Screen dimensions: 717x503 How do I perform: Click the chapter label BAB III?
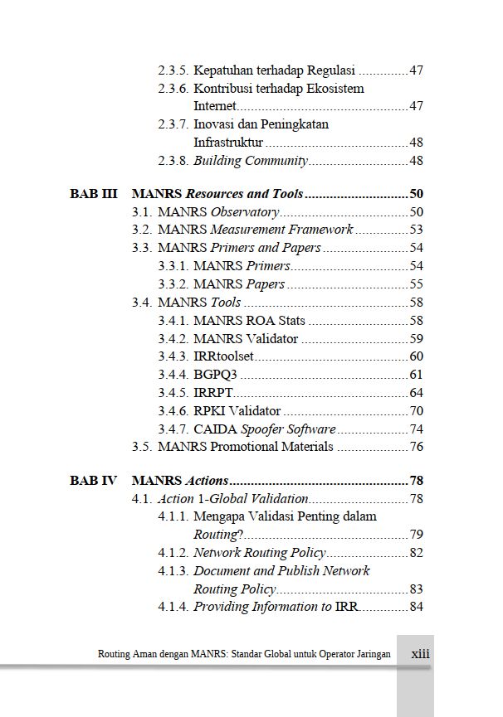coord(93,194)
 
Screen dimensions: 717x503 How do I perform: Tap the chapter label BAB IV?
coord(93,480)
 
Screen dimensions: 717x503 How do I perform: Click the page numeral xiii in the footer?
coord(421,653)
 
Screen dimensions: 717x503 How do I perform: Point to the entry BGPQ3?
coord(214,374)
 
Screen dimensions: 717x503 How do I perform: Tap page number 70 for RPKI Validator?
coord(416,410)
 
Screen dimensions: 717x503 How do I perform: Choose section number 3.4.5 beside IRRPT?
coord(173,392)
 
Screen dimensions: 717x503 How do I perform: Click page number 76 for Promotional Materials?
coord(416,447)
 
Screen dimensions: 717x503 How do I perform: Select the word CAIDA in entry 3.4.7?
coord(215,429)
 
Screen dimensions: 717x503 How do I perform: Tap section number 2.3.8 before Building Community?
coord(173,161)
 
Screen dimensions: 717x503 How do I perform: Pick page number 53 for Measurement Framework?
coord(416,230)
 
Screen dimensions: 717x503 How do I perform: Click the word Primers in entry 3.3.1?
coord(268,266)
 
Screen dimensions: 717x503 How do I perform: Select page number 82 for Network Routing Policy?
coord(416,553)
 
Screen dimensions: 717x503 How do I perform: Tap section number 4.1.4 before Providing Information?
coord(173,607)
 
